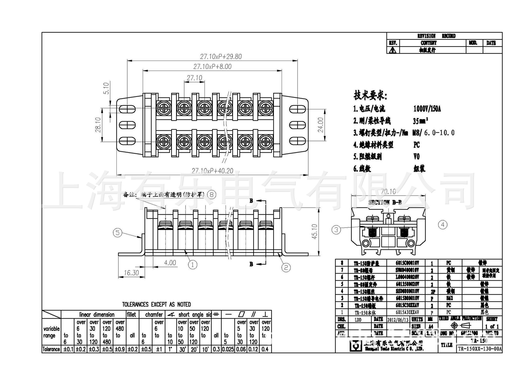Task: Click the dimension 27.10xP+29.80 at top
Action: pyautogui.click(x=221, y=57)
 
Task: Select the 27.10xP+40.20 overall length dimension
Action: pyautogui.click(x=212, y=171)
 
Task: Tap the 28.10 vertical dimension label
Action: pyautogui.click(x=98, y=125)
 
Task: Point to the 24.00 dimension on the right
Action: pyautogui.click(x=321, y=125)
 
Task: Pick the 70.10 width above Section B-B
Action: pyautogui.click(x=388, y=192)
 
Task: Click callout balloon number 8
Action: pyautogui.click(x=212, y=195)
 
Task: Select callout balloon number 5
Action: pyautogui.click(x=118, y=233)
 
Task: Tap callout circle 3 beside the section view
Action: pyautogui.click(x=336, y=230)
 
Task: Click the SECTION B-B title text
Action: pyautogui.click(x=385, y=202)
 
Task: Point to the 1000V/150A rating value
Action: pyautogui.click(x=427, y=109)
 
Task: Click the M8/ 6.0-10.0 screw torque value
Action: pyautogui.click(x=433, y=133)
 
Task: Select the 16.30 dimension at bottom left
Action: pyautogui.click(x=131, y=273)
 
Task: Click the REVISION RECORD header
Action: pyautogui.click(x=436, y=36)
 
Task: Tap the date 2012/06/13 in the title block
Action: pyautogui.click(x=398, y=320)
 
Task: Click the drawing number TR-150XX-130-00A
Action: pyautogui.click(x=480, y=349)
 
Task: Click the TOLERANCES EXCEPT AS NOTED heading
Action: pyautogui.click(x=156, y=304)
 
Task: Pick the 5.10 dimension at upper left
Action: pyautogui.click(x=106, y=88)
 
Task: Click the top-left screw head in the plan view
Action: pyautogui.click(x=164, y=108)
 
